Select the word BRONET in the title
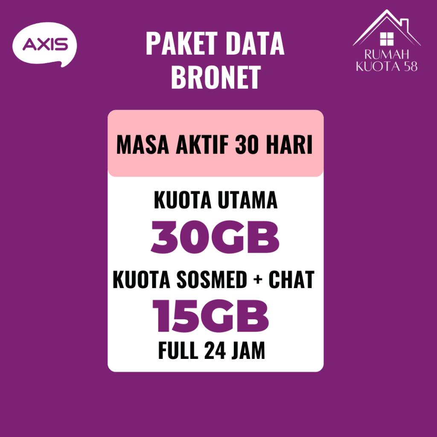coord(216,77)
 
